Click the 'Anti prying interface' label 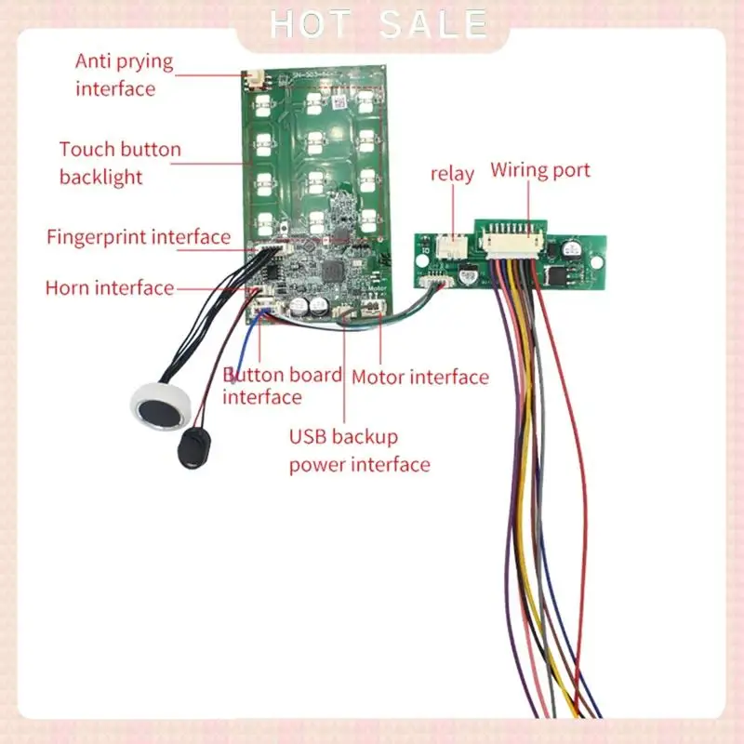click(x=124, y=75)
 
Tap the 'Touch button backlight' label click(x=120, y=163)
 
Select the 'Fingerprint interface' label click(x=139, y=237)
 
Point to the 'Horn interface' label click(x=110, y=288)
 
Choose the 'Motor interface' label click(x=419, y=377)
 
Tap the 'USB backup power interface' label click(x=359, y=450)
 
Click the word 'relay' click(x=452, y=174)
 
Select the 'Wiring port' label click(x=540, y=170)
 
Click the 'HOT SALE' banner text click(x=378, y=24)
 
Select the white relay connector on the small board click(x=453, y=246)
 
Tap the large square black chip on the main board click(x=332, y=274)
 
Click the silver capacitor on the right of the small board click(x=568, y=250)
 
